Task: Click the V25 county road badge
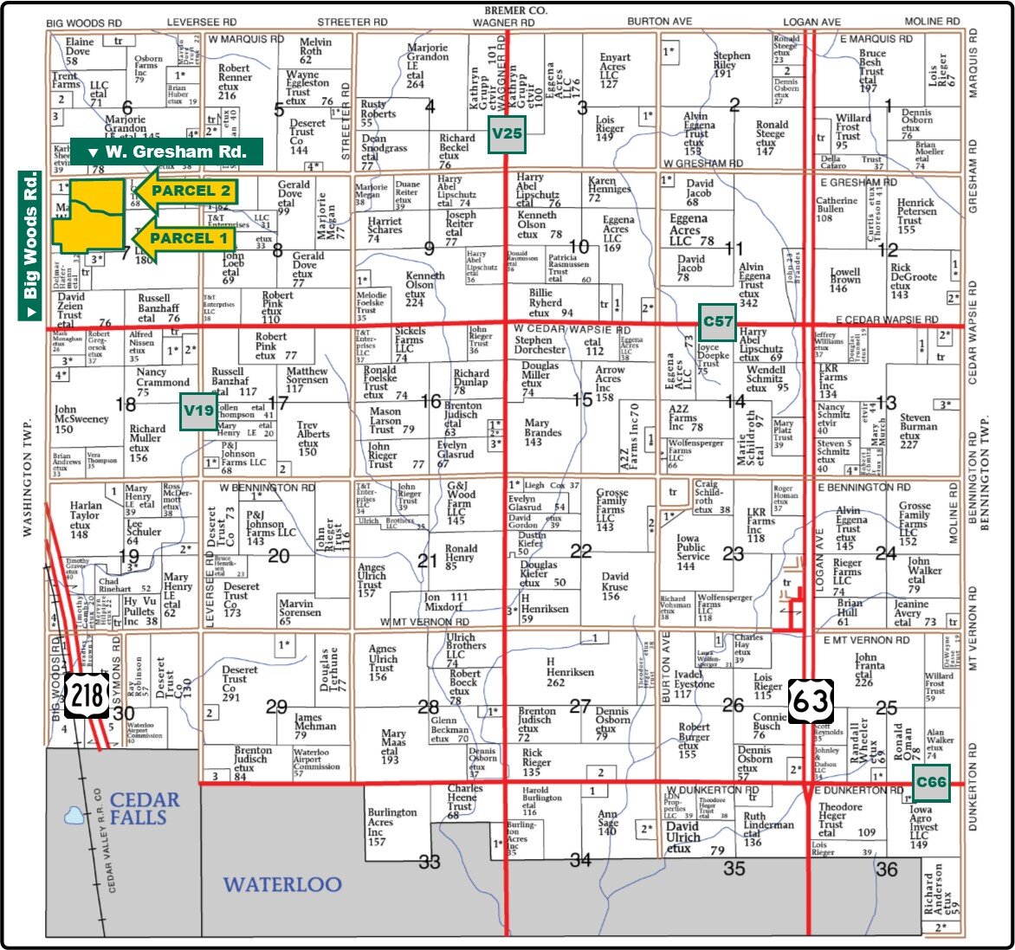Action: tap(507, 133)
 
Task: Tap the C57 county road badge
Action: tap(718, 321)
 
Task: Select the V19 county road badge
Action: tap(197, 412)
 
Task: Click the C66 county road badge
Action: tap(931, 782)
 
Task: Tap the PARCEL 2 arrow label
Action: tap(184, 191)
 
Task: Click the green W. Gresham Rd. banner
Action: tap(166, 152)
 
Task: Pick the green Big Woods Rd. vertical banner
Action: tap(30, 246)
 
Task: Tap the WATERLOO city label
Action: tap(283, 885)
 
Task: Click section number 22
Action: tap(580, 552)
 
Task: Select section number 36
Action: tap(886, 869)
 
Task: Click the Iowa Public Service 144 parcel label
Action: tap(698, 552)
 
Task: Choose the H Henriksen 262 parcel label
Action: tap(569, 671)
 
